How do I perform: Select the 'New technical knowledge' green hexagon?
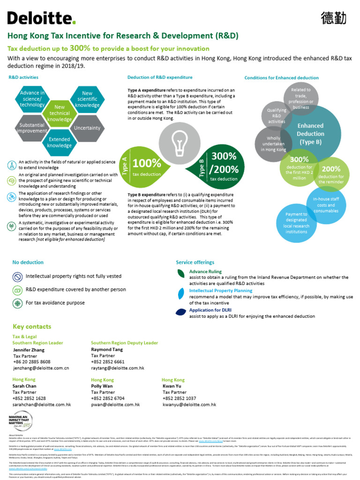click(x=59, y=113)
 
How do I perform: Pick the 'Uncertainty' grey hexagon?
click(x=87, y=127)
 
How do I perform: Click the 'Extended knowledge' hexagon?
click(x=59, y=142)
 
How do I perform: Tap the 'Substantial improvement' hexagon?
click(x=32, y=127)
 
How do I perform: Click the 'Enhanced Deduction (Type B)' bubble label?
click(x=310, y=134)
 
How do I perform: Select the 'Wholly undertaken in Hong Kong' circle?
click(x=273, y=143)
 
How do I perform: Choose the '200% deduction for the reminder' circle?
click(x=331, y=173)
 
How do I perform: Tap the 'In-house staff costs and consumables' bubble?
click(x=326, y=204)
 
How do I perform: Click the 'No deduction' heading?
click(x=28, y=262)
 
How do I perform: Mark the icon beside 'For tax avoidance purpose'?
click(x=17, y=303)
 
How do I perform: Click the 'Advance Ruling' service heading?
click(x=205, y=271)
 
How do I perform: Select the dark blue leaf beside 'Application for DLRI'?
click(x=180, y=311)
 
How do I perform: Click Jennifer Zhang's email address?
click(x=41, y=368)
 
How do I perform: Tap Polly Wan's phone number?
click(x=108, y=398)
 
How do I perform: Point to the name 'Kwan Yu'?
click(x=171, y=386)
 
